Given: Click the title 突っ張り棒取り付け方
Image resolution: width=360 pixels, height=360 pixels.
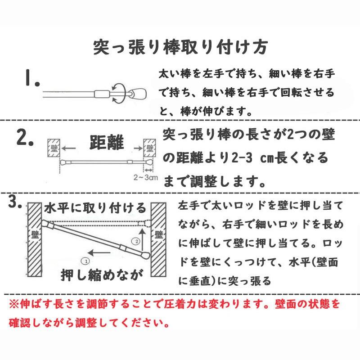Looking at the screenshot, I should (180, 46).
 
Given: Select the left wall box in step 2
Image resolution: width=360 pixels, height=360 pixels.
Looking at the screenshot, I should (54, 147).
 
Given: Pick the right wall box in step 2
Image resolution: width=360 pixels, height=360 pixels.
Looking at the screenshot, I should (150, 147).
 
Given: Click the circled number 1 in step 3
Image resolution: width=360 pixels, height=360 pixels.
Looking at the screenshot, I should (85, 260).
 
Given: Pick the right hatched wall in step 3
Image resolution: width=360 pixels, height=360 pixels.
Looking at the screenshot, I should (158, 241).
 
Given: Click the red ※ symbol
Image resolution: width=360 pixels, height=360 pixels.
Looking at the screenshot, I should (13, 305).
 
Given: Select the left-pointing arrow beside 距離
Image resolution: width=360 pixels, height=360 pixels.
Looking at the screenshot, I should (69, 147).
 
